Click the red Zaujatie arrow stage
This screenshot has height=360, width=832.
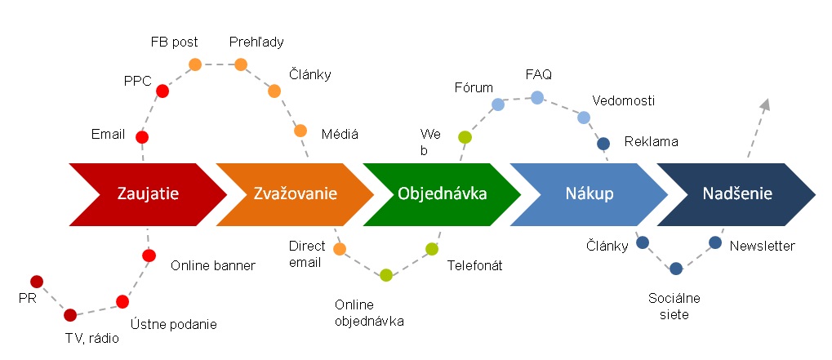[x=147, y=194]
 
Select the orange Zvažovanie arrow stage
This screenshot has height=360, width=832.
[x=295, y=194]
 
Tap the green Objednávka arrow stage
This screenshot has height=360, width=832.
[x=442, y=194]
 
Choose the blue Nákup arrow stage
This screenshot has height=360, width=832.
[x=589, y=194]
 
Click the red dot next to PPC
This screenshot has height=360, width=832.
[x=162, y=91]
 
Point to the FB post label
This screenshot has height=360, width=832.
[x=174, y=42]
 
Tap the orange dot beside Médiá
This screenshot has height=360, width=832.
[x=300, y=131]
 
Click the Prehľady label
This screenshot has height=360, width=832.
[x=256, y=42]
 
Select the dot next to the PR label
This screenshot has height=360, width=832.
[x=37, y=282]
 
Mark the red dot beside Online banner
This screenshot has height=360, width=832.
[x=149, y=256]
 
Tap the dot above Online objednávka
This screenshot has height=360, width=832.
[x=386, y=275]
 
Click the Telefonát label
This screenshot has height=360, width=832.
[x=474, y=265]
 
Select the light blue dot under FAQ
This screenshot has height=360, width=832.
[x=537, y=98]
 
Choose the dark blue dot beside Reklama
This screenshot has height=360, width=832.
[x=603, y=144]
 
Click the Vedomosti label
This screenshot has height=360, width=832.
[x=624, y=100]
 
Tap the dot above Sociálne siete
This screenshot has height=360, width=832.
[x=676, y=268]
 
